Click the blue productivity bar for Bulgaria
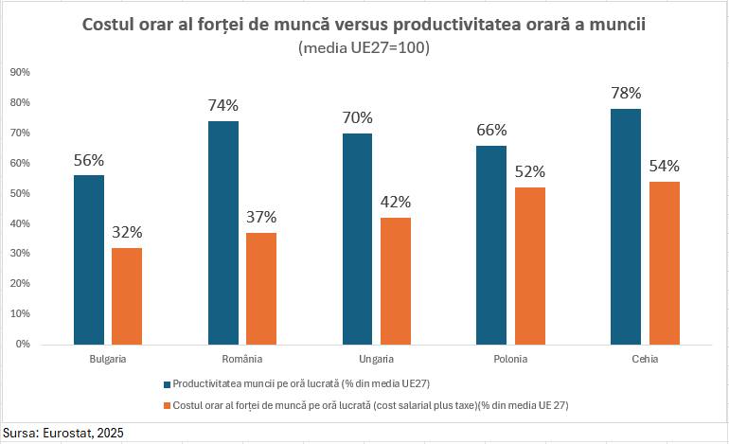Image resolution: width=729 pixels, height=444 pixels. point(89,259)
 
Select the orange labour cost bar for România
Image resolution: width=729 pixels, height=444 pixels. point(261,288)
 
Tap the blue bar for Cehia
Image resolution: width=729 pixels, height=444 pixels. point(626,226)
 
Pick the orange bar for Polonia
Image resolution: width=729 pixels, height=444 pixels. point(530,265)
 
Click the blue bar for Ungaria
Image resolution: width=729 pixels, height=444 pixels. point(357,239)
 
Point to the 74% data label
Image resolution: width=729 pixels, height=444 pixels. point(223,105)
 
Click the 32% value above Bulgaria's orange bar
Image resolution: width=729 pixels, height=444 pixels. point(127,232)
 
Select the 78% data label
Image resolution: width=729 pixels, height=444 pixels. point(626,93)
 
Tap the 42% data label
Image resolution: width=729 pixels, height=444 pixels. point(396,202)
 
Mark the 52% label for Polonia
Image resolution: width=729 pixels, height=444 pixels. point(530,171)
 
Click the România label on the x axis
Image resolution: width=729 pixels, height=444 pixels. point(242,360)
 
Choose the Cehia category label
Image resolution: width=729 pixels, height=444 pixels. point(645,360)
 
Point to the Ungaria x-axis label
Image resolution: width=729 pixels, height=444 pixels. point(377,360)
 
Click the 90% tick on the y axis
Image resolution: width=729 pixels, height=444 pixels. point(21,72)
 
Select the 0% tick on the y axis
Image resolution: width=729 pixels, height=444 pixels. point(24,344)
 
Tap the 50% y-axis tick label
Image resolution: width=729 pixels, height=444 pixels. point(21,193)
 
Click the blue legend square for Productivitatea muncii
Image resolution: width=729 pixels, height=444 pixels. point(169,384)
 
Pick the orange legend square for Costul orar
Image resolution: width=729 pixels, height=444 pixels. point(169,405)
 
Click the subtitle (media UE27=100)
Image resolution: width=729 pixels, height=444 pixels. point(364,48)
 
